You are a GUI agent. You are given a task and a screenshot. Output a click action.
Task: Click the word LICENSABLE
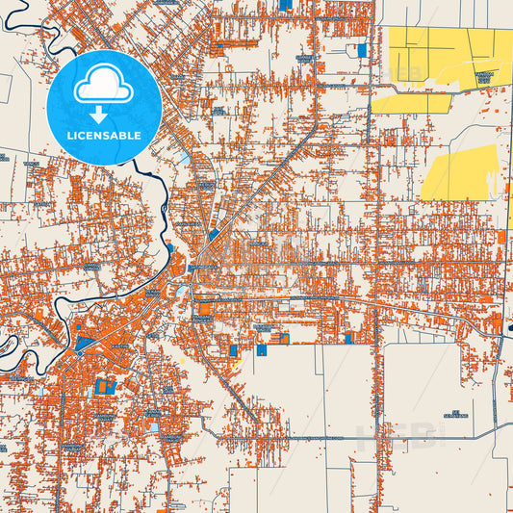(x=104, y=136)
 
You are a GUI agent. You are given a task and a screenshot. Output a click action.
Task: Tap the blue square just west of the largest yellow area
(x=362, y=50)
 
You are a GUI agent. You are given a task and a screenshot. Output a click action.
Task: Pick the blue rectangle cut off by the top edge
(x=285, y=4)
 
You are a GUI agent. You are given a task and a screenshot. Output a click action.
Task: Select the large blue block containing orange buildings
(x=104, y=388)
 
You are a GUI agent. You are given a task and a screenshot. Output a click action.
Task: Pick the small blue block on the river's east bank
(x=169, y=248)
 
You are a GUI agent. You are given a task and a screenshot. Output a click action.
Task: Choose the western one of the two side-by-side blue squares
(x=261, y=350)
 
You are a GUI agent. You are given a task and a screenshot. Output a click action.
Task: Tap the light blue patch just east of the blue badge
(x=184, y=154)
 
